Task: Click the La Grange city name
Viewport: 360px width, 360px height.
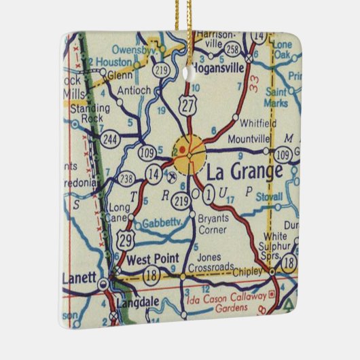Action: point(243,170)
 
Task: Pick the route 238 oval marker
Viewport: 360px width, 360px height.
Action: point(126,179)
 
